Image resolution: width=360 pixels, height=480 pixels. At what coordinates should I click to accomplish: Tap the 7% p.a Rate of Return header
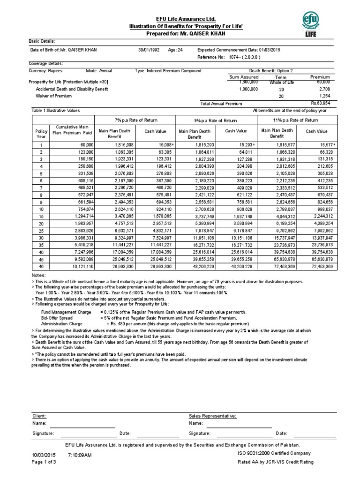135,120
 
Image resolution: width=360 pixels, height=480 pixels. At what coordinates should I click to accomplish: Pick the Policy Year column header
42,135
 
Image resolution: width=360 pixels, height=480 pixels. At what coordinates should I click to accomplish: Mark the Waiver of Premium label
54,96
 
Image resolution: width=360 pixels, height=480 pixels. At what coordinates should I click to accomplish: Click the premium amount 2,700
324,88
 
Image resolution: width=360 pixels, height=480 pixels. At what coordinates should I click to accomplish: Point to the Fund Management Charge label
67,312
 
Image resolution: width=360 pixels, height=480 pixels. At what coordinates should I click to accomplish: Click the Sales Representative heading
212,416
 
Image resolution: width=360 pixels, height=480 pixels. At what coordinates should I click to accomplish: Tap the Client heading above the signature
39,416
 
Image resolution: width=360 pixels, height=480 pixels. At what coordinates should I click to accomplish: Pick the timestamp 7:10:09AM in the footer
80,455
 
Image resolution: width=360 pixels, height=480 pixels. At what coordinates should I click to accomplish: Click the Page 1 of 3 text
44,462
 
